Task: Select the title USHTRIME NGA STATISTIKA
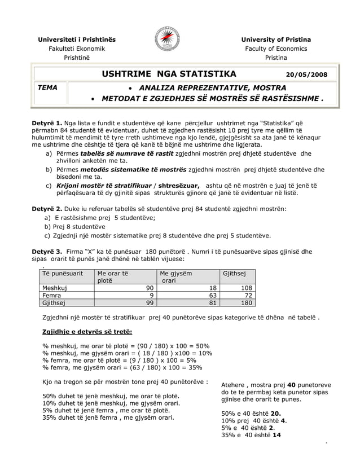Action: point(169,73)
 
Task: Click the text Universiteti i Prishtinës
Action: point(76,39)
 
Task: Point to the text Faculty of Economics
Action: point(276,49)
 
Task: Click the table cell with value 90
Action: point(149,287)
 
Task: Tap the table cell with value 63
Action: point(213,294)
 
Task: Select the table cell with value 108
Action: point(246,287)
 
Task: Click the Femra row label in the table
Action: point(52,294)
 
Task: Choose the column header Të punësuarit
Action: point(63,273)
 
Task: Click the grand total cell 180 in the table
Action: point(246,302)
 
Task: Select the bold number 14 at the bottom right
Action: point(276,434)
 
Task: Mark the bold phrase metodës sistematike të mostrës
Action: point(133,169)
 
